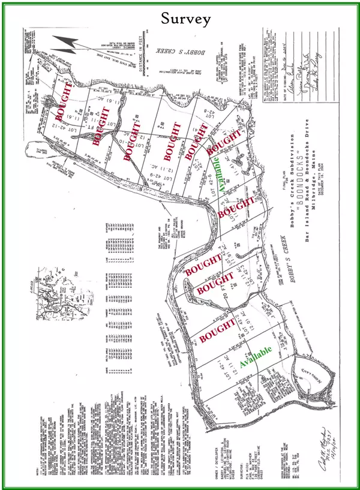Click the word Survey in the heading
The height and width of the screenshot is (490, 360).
[185, 19]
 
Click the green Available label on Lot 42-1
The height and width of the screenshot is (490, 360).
[256, 356]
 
